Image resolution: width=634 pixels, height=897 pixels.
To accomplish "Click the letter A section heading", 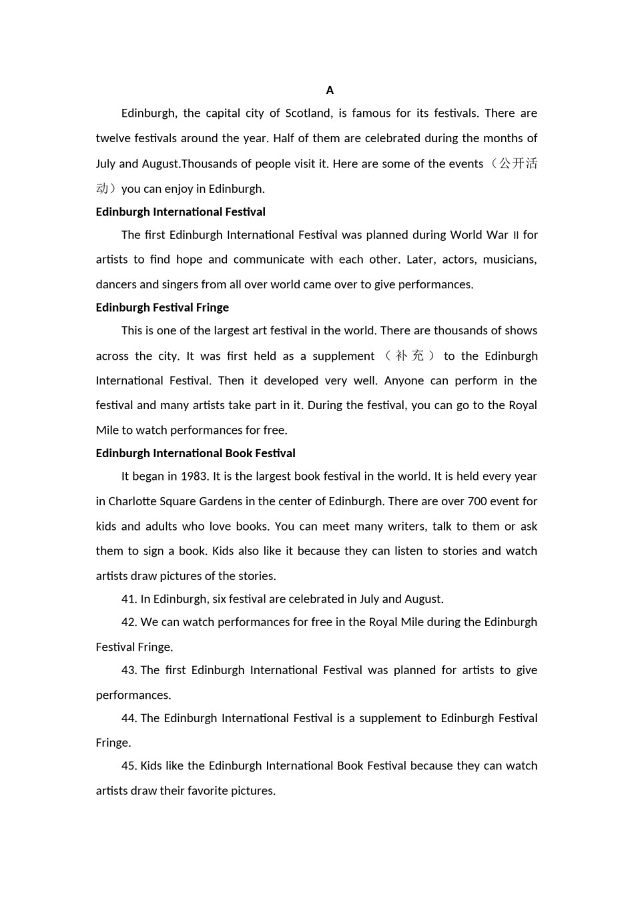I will click(x=330, y=90).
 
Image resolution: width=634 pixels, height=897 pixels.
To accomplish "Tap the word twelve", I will click(x=113, y=138).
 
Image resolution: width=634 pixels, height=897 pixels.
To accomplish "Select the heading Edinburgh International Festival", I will click(x=180, y=212).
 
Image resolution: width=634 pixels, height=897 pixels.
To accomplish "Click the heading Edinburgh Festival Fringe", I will click(x=162, y=307).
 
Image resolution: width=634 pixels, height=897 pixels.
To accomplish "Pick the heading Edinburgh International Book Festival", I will click(x=196, y=453).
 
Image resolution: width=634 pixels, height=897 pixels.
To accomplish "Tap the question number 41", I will click(x=129, y=599).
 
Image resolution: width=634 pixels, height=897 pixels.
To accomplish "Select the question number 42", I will click(x=129, y=622).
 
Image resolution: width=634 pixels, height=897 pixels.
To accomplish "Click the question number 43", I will click(x=129, y=670).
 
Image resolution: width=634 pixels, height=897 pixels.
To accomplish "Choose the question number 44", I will click(x=129, y=718).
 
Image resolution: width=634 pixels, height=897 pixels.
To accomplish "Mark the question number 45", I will click(x=129, y=766).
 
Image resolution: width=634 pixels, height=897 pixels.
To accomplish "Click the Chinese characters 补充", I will click(x=409, y=356).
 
